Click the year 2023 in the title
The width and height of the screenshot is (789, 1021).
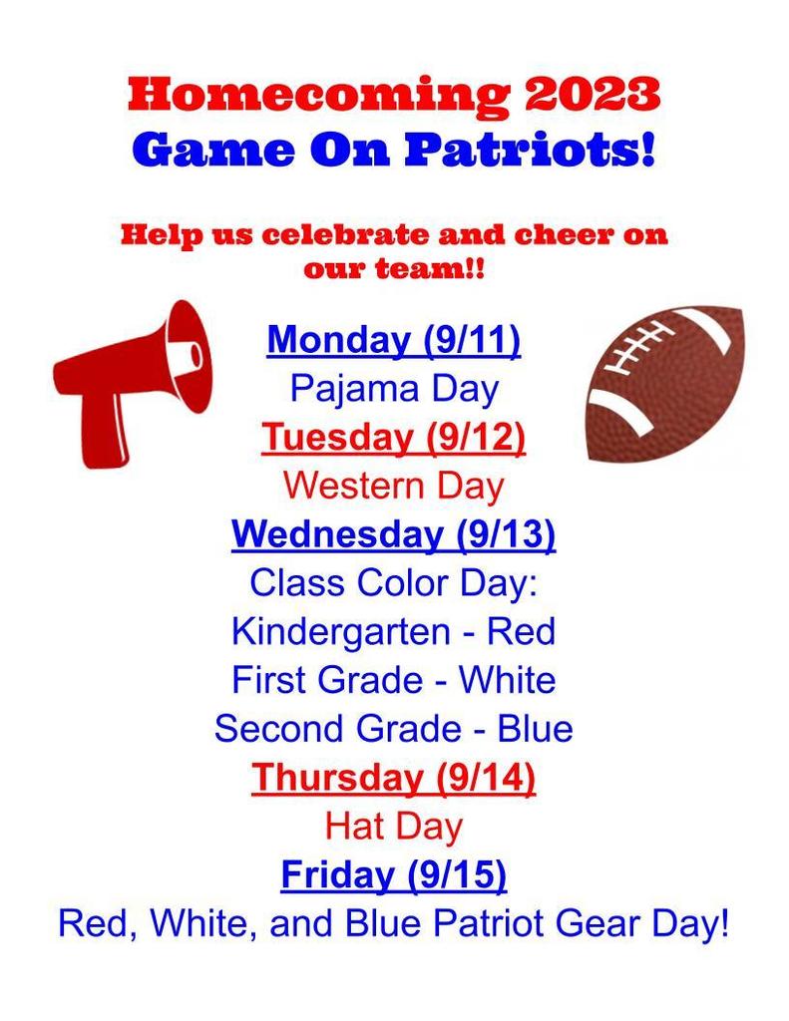click(x=592, y=95)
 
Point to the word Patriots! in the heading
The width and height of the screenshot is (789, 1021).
click(x=530, y=150)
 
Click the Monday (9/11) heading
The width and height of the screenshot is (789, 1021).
click(x=394, y=339)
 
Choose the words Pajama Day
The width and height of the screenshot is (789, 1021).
click(x=394, y=390)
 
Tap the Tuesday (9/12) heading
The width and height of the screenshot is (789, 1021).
click(x=394, y=437)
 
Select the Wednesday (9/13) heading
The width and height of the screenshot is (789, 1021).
click(x=394, y=534)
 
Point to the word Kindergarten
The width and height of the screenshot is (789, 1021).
click(x=341, y=631)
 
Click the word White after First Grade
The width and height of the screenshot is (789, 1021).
click(x=508, y=680)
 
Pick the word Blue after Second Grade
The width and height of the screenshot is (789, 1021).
click(x=535, y=729)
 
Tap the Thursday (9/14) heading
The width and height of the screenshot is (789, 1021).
click(x=394, y=778)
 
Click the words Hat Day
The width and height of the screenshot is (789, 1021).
click(x=394, y=826)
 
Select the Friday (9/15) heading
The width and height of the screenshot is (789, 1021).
click(x=394, y=874)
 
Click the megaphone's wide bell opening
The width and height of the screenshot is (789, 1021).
click(x=189, y=357)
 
